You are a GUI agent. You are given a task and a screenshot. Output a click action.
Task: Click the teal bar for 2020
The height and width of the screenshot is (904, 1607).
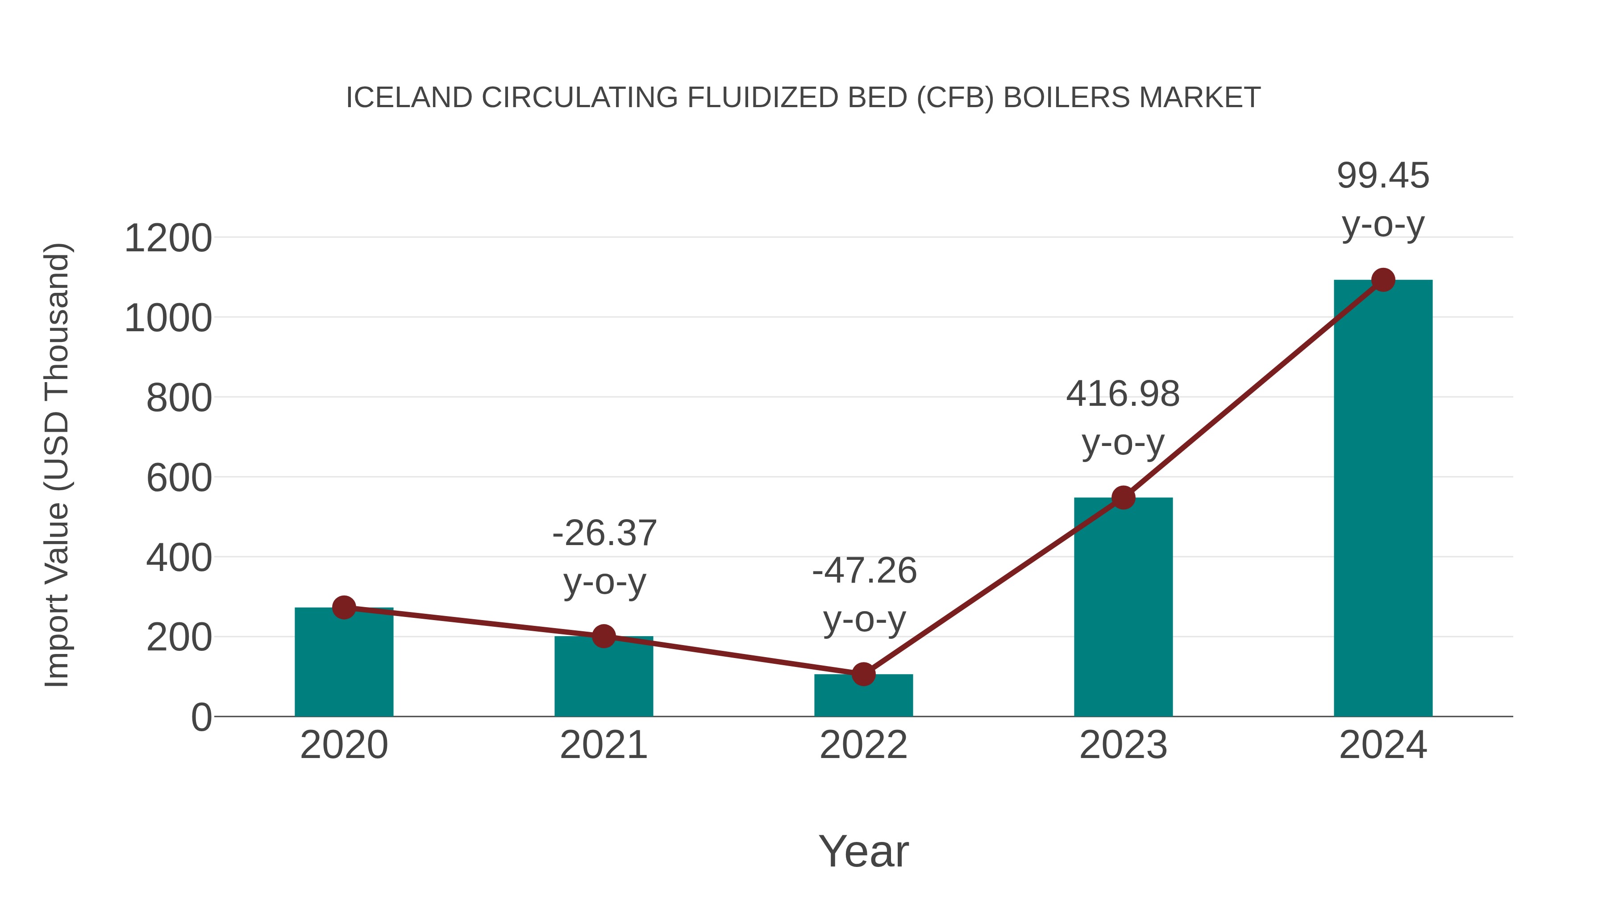[x=344, y=664]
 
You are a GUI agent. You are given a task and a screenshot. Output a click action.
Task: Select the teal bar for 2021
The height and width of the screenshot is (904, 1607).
[x=603, y=679]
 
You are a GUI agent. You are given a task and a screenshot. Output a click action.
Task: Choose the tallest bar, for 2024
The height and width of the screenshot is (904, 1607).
[x=1383, y=499]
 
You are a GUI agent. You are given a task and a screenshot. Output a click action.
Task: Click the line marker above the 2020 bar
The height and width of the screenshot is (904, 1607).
[x=344, y=607]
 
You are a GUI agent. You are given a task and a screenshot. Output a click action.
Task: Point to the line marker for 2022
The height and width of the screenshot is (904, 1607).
[x=863, y=674]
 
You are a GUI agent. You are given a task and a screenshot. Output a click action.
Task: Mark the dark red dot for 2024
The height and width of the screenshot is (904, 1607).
[x=1383, y=280]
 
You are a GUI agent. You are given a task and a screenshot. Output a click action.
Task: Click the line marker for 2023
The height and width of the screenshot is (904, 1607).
[x=1123, y=497]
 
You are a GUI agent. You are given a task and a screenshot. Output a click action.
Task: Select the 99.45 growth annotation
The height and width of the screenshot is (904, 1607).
[x=1383, y=176]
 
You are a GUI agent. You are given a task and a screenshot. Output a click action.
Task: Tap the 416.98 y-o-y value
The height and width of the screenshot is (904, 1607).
[x=1123, y=394]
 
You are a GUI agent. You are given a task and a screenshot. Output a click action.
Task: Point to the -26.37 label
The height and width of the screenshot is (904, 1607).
[x=604, y=533]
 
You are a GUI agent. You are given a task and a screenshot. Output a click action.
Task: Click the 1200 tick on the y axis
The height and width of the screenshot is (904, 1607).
[x=168, y=238]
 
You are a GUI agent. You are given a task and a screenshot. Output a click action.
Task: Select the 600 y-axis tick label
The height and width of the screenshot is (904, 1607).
[x=179, y=479]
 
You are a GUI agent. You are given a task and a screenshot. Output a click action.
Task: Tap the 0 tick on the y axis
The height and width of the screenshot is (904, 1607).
[x=201, y=717]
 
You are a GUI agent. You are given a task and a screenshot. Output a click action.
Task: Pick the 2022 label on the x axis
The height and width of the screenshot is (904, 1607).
[x=863, y=745]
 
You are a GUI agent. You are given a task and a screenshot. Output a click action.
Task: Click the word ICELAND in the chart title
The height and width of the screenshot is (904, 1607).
[x=408, y=98]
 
